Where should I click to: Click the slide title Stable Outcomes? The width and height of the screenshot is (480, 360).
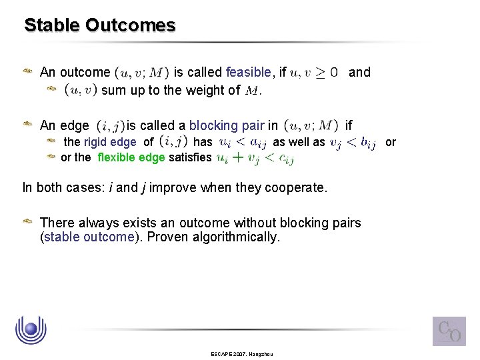point(99,25)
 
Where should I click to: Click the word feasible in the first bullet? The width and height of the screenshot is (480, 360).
point(248,72)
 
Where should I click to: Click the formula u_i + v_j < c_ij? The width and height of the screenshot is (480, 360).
point(255,158)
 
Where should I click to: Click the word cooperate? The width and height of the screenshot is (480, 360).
point(295,187)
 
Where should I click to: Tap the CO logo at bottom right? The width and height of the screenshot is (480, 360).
point(449,331)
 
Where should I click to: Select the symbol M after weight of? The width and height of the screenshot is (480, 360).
point(252,91)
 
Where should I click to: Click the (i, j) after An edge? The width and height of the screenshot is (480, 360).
point(110,125)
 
